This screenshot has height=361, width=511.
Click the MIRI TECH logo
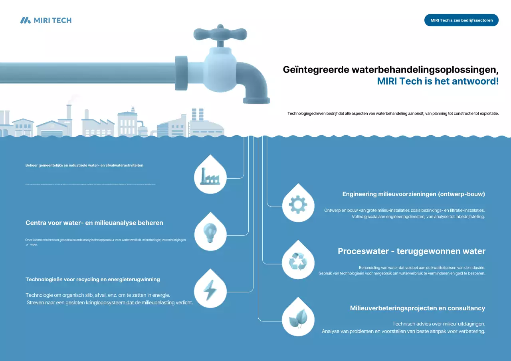[x=46, y=20]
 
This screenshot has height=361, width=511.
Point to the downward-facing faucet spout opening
[x=257, y=101]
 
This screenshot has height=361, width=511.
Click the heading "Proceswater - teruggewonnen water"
[x=412, y=251]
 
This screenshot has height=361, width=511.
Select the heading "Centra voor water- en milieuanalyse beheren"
[x=94, y=223]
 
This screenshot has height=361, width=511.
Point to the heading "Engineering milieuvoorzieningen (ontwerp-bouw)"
[x=414, y=194]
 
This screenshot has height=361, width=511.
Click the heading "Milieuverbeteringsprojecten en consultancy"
[x=418, y=308]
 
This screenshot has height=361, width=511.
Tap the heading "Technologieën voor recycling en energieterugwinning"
[x=93, y=280]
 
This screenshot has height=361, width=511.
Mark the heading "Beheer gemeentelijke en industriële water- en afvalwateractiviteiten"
[x=84, y=165]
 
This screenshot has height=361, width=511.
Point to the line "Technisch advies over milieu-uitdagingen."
[x=438, y=324]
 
